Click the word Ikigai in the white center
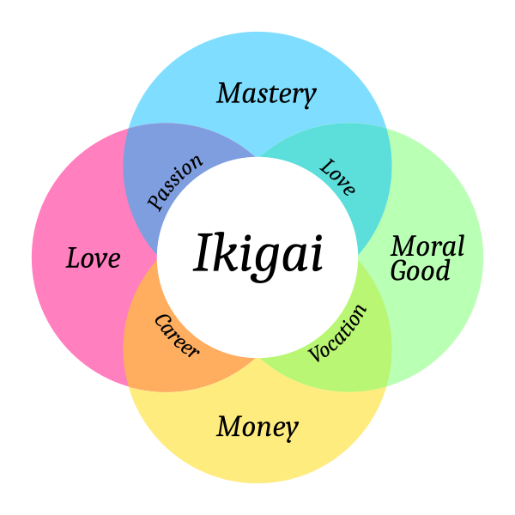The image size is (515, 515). click(257, 257)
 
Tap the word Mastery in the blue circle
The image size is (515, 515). click(266, 94)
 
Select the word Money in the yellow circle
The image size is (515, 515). click(257, 427)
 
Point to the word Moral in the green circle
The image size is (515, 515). click(427, 245)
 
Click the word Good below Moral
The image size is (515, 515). click(420, 270)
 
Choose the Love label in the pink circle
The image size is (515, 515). click(93, 257)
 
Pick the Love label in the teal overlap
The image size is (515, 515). click(337, 178)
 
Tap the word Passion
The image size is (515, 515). click(175, 182)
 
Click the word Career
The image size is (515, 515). click(177, 336)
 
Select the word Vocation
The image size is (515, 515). click(337, 333)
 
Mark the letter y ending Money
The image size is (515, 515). click(291, 431)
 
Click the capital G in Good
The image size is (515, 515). click(399, 270)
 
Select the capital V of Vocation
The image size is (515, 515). click(315, 354)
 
